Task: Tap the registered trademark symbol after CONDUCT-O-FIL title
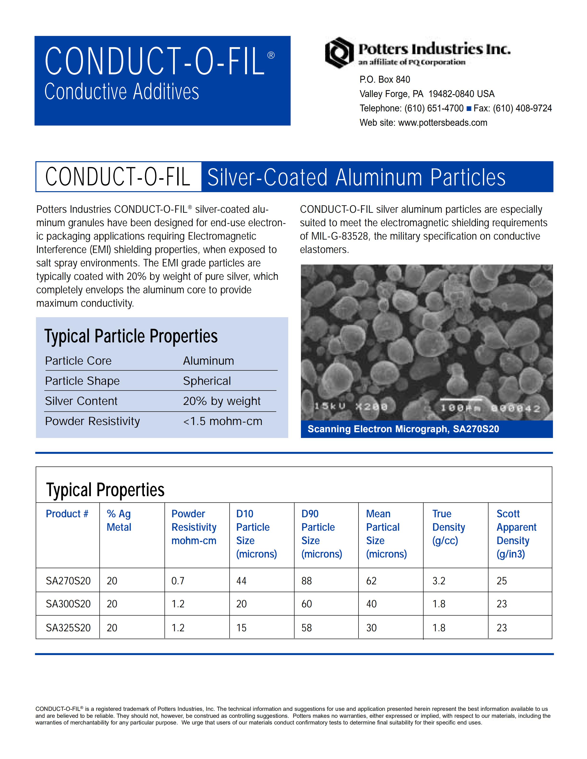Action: coord(271,56)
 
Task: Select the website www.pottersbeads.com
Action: coord(442,123)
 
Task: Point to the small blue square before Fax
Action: coord(469,109)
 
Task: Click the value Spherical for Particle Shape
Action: coord(207,381)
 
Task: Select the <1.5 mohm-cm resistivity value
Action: coord(223,421)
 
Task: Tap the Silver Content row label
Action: coord(81,401)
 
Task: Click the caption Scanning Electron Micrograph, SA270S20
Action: coord(403,429)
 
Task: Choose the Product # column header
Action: coord(67,514)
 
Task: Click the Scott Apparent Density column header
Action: coord(517,534)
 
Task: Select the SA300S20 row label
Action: coord(68,604)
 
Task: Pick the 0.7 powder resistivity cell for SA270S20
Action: coord(178,581)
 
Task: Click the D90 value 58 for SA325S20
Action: coord(306,628)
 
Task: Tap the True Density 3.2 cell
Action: coord(439,581)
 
